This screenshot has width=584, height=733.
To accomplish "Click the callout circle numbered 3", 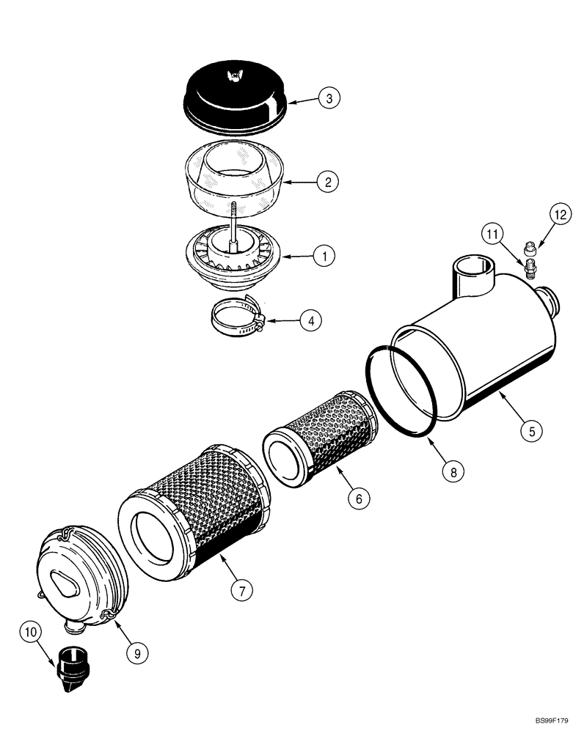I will point(329,98).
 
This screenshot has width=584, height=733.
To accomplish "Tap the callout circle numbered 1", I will point(324,256).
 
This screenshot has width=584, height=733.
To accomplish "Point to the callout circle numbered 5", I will point(532,430).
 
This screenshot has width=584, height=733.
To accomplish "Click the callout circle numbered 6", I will point(358,498).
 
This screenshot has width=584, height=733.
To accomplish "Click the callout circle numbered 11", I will point(493,235).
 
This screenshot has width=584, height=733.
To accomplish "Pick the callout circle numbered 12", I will point(560,215).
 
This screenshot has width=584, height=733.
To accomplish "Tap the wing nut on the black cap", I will point(235,74).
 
